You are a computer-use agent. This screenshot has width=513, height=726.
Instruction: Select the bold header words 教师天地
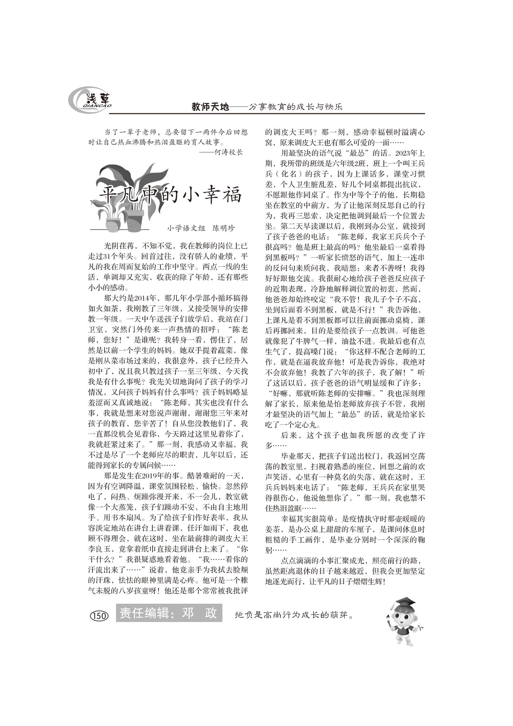210,107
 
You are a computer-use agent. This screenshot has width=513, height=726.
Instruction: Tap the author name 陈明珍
224,228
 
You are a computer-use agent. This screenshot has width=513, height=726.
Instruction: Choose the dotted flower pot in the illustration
135,220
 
